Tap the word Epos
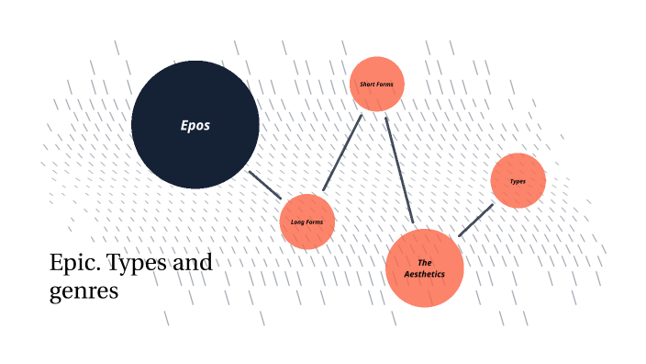(195, 125)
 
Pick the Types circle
(518, 170)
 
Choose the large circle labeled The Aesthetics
(425, 280)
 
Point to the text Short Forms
(377, 85)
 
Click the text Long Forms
(307, 222)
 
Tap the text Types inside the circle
(518, 181)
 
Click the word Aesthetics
(425, 274)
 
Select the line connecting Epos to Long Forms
(265, 185)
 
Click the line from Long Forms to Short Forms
(342, 154)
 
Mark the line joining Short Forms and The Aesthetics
(399, 170)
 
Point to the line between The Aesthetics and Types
(475, 220)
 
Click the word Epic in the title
(72, 264)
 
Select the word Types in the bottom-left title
(139, 264)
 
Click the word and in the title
(193, 264)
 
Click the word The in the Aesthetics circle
(425, 262)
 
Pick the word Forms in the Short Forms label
(384, 85)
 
